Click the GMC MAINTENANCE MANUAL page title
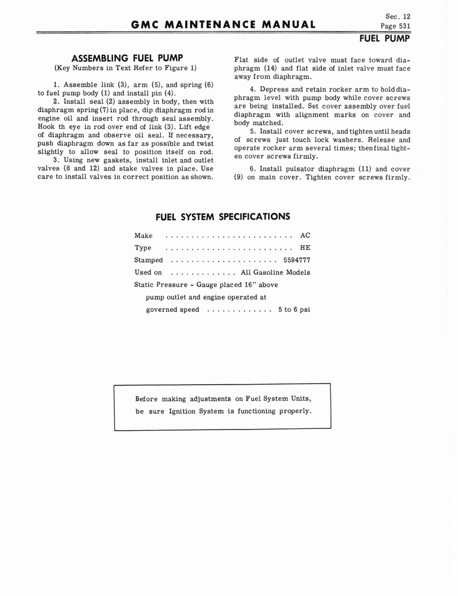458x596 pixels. (224, 24)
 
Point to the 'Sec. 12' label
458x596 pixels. (398, 16)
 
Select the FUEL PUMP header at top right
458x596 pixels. (385, 38)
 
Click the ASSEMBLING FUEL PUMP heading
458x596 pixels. (127, 58)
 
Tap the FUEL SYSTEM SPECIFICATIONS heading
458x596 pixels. (223, 217)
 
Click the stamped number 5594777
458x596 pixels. (297, 260)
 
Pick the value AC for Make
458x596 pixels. (305, 236)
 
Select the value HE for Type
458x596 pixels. (305, 248)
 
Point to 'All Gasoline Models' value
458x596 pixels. (275, 272)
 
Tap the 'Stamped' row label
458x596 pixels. (149, 260)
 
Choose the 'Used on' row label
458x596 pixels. (148, 272)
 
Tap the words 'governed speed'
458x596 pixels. (172, 310)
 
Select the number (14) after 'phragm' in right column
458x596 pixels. (270, 68)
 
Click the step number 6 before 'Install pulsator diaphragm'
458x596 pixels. (252, 169)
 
